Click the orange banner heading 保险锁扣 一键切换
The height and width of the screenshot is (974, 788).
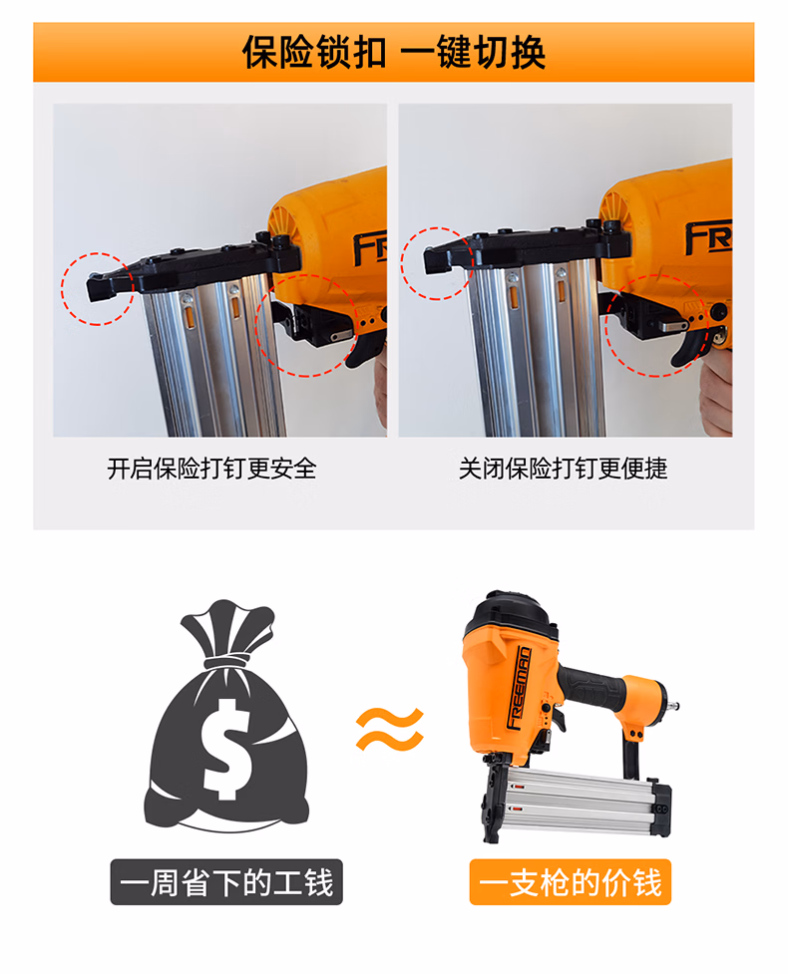coord(394,52)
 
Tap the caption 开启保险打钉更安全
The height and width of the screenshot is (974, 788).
coord(211,469)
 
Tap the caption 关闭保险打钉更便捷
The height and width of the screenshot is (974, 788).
coord(563,469)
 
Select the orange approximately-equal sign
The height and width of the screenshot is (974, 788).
coord(390,729)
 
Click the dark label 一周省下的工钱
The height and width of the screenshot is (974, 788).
coord(226,882)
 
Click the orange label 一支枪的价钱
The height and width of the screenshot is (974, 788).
coord(570,882)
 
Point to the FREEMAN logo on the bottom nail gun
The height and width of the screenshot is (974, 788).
coord(519,688)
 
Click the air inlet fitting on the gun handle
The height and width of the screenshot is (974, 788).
coord(671,705)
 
